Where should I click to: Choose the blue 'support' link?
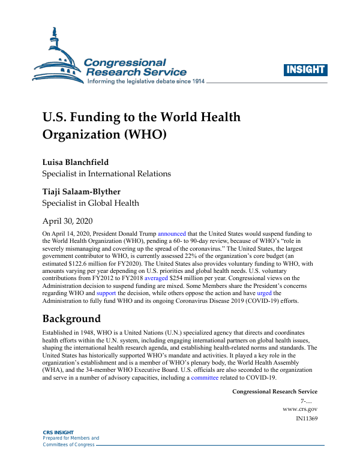pyautogui.click(x=106, y=294)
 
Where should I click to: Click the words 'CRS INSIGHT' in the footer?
pyautogui.click(x=58, y=432)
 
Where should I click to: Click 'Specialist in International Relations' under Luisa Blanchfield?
pyautogui.click(x=106, y=174)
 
